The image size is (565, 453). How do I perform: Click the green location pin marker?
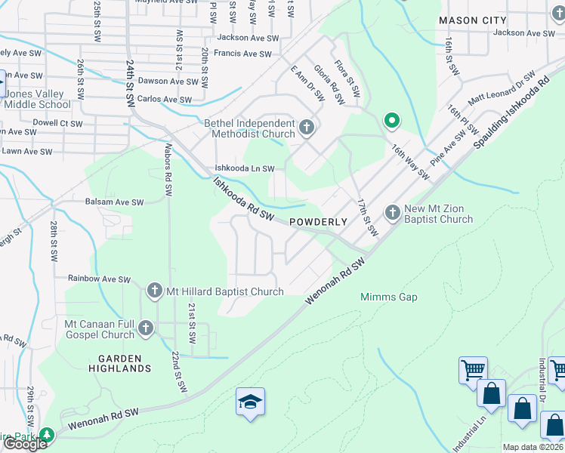391,120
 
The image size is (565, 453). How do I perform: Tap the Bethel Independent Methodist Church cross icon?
307,128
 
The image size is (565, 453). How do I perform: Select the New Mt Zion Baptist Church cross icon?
392,213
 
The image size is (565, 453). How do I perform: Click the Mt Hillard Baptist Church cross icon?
154,290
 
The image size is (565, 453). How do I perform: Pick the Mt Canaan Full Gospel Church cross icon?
145,328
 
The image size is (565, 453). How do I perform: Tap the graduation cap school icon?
250,402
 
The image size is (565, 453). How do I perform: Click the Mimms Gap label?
388,297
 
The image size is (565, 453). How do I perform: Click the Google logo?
25,444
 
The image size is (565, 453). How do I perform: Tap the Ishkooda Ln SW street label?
244,168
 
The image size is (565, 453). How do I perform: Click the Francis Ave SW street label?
242,54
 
